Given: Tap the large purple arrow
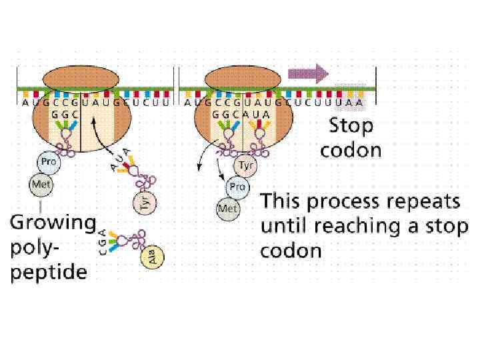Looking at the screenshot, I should click(x=309, y=71).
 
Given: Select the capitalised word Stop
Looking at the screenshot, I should click(x=351, y=125).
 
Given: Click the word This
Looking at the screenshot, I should click(x=280, y=201).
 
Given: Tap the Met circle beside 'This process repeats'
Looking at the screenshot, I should click(x=227, y=209).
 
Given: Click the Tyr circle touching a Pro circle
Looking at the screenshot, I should click(x=246, y=166).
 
